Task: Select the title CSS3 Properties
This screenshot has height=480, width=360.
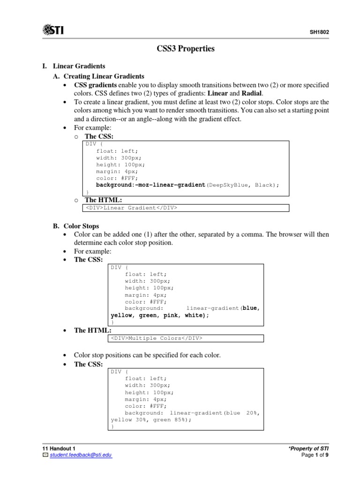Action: coord(185,49)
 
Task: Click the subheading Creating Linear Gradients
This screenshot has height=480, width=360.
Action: coord(104,76)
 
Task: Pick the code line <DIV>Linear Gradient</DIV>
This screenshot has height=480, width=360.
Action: coord(131,208)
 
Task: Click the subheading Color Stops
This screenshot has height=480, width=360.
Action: coord(81,226)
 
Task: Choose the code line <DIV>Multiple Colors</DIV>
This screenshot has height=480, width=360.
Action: coord(157,338)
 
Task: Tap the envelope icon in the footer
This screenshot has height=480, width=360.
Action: coord(45,455)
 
